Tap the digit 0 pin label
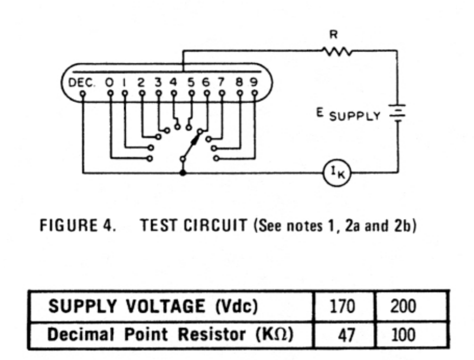(109, 82)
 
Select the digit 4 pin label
(173, 82)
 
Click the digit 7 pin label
(222, 82)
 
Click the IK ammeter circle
(340, 174)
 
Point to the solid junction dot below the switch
(183, 173)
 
